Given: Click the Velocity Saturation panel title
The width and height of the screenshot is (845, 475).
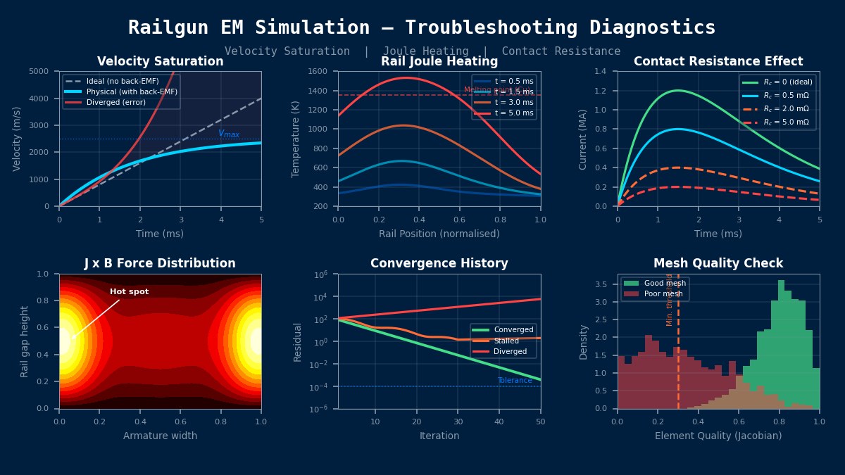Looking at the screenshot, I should tap(160, 62).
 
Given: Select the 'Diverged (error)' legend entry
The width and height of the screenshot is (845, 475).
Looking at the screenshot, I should tap(116, 102).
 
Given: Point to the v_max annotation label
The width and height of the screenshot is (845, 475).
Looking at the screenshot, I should tap(229, 134).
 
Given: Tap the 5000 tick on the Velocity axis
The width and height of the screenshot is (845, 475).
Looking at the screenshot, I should tap(39, 71).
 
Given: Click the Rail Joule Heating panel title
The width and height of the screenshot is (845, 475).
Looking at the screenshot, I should tap(439, 62).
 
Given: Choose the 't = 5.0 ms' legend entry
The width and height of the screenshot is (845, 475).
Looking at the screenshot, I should tap(513, 113).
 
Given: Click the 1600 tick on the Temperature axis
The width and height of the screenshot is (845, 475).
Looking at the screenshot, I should tap(318, 71).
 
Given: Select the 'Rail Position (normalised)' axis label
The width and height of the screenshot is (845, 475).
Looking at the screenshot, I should tap(439, 234).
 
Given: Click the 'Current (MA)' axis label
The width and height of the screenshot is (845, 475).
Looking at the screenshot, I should tap(583, 139).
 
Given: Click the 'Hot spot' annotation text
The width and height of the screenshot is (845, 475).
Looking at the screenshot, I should tap(129, 292).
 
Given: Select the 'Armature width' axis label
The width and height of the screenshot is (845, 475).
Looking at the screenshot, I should tap(160, 436).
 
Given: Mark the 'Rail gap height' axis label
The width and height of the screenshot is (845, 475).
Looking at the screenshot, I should tap(25, 341).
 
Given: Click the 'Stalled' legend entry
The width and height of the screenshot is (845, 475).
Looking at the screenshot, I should tap(506, 341).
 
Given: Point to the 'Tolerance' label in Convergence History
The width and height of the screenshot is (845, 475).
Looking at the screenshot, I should tap(515, 381).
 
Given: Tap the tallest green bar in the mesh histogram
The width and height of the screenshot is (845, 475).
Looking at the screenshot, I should tap(781, 345).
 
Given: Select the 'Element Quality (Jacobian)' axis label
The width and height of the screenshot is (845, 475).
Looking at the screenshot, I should tap(718, 436).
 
